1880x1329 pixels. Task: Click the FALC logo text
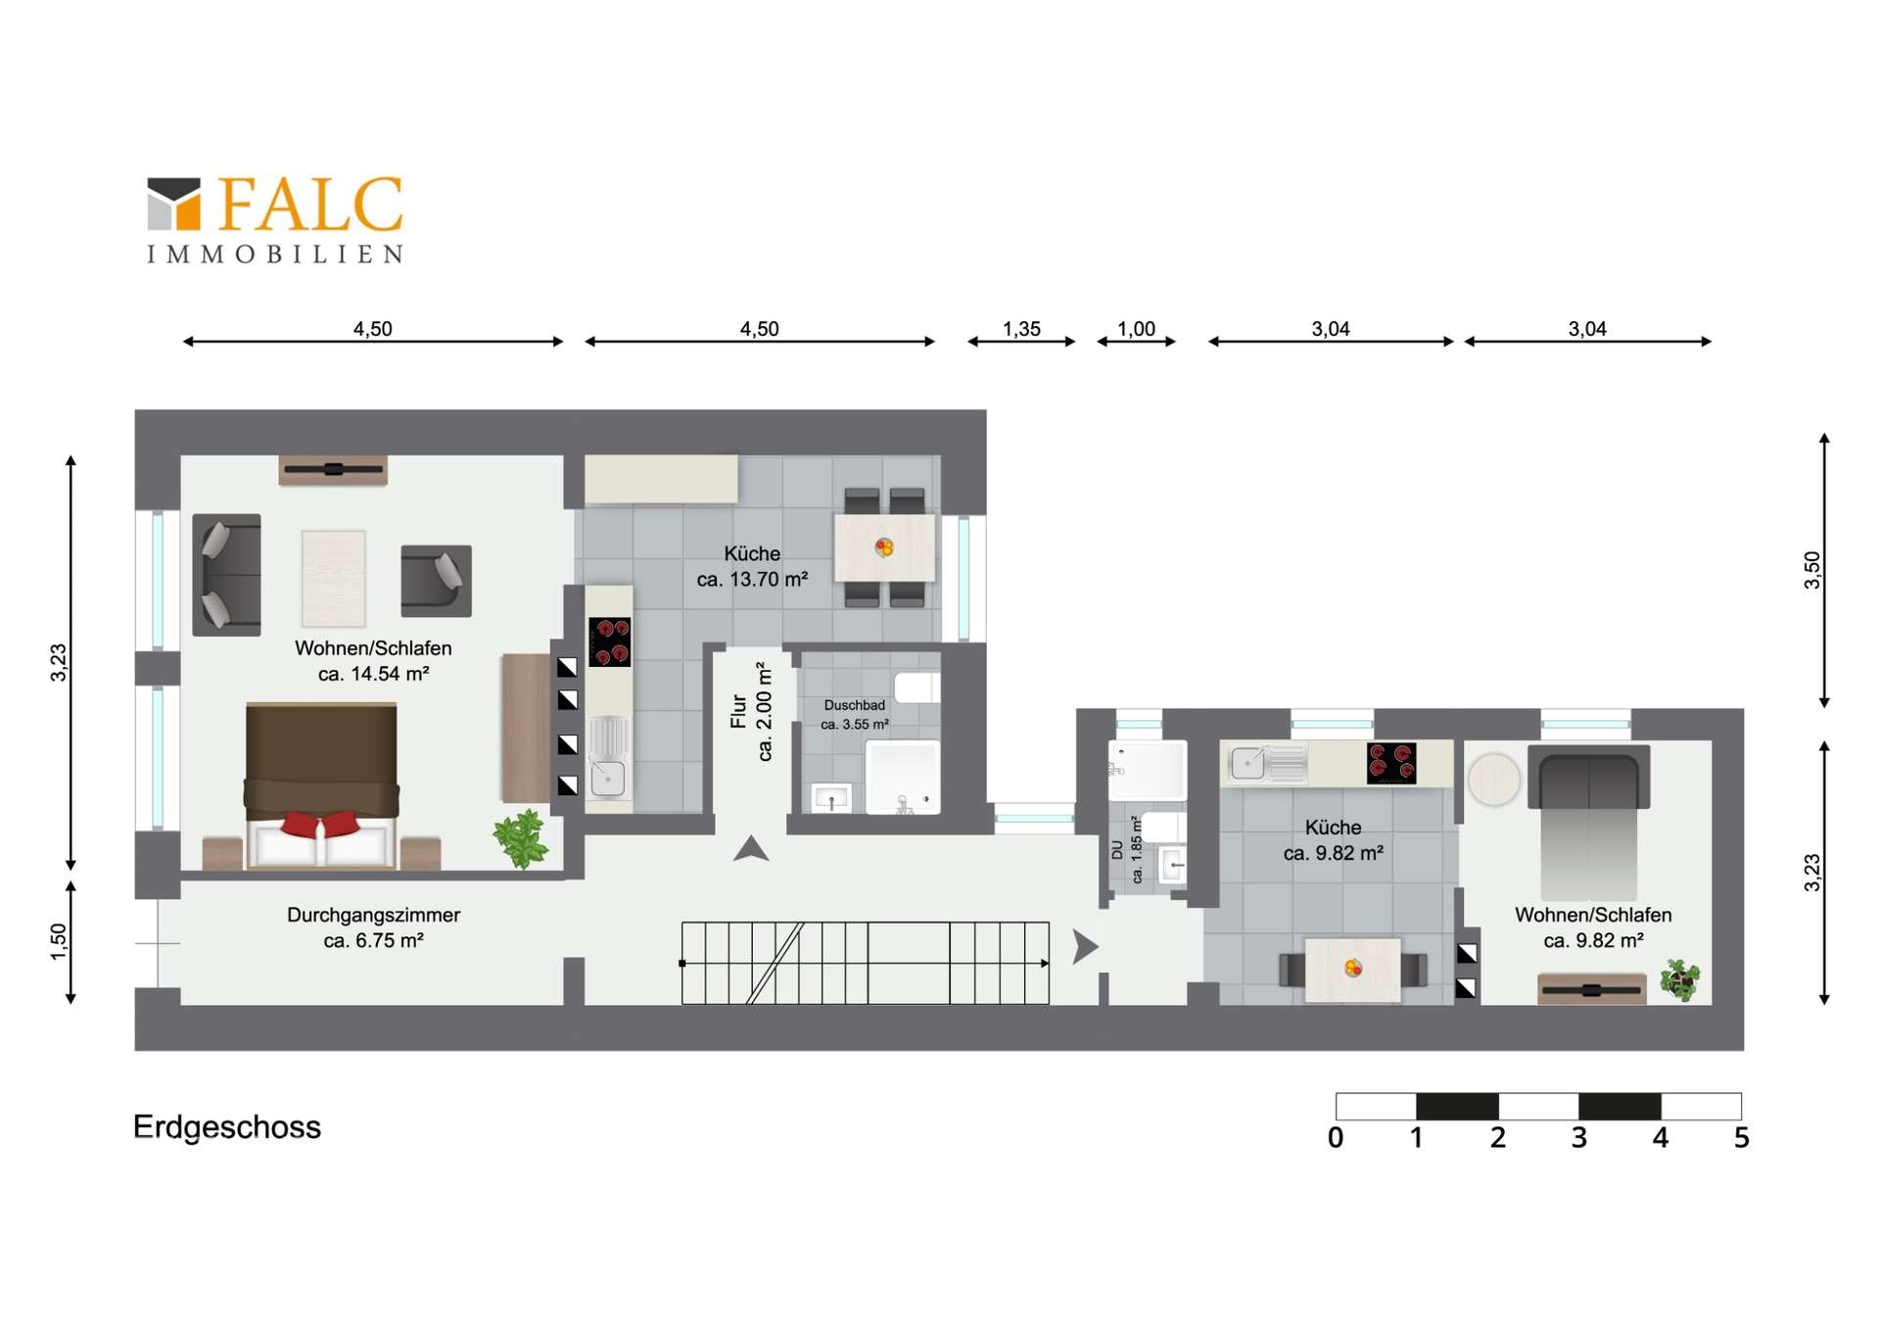click(x=309, y=205)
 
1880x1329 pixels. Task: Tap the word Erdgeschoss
click(x=227, y=1126)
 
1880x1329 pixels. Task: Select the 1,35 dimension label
click(x=1021, y=329)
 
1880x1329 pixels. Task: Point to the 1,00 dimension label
click(x=1136, y=329)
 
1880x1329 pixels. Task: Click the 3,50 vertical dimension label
click(x=1812, y=570)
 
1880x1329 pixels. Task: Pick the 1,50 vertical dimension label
click(x=59, y=941)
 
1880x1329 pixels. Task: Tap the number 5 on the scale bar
click(x=1741, y=1138)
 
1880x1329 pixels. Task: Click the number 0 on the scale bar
click(x=1336, y=1138)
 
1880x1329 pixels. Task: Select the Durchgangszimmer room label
click(x=373, y=915)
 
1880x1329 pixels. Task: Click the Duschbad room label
click(x=855, y=705)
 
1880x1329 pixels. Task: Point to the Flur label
click(x=739, y=712)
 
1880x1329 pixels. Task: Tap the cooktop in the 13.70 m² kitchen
click(x=609, y=642)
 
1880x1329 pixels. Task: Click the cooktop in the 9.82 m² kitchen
click(x=1391, y=764)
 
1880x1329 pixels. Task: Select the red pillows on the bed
click(x=320, y=824)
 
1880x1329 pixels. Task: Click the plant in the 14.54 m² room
click(x=520, y=838)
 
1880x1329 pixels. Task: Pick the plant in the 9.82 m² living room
click(x=1680, y=979)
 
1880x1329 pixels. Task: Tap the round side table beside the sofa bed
click(x=1494, y=780)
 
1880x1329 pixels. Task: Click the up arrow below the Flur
click(x=751, y=849)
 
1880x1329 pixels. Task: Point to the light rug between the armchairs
click(x=334, y=578)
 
